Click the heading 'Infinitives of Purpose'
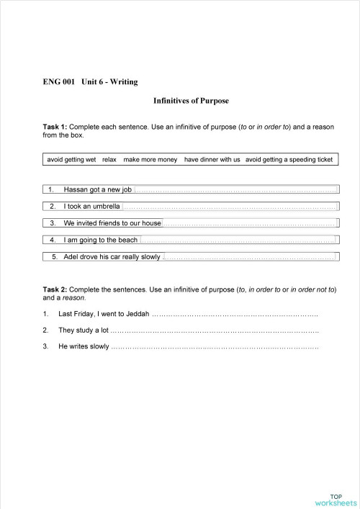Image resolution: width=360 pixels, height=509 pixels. (x=191, y=102)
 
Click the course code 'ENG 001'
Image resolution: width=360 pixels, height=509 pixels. (x=58, y=82)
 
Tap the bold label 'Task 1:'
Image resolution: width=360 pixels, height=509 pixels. (x=58, y=127)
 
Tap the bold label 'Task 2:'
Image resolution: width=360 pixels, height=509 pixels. (x=58, y=289)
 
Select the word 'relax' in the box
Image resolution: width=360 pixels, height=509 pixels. (x=109, y=159)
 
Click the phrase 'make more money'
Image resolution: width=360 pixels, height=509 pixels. (x=150, y=159)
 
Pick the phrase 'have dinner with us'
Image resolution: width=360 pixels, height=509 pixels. (x=212, y=159)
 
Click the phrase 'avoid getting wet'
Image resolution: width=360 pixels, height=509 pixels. (x=71, y=159)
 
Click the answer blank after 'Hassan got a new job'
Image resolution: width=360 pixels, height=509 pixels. (x=235, y=190)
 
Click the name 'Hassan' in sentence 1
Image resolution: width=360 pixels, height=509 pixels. (x=75, y=190)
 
